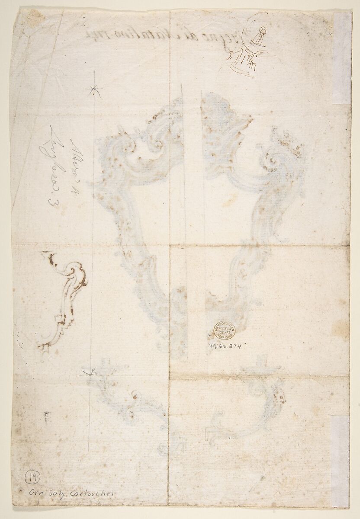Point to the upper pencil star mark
click(x=92, y=90)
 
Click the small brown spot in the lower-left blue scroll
click(x=135, y=397)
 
